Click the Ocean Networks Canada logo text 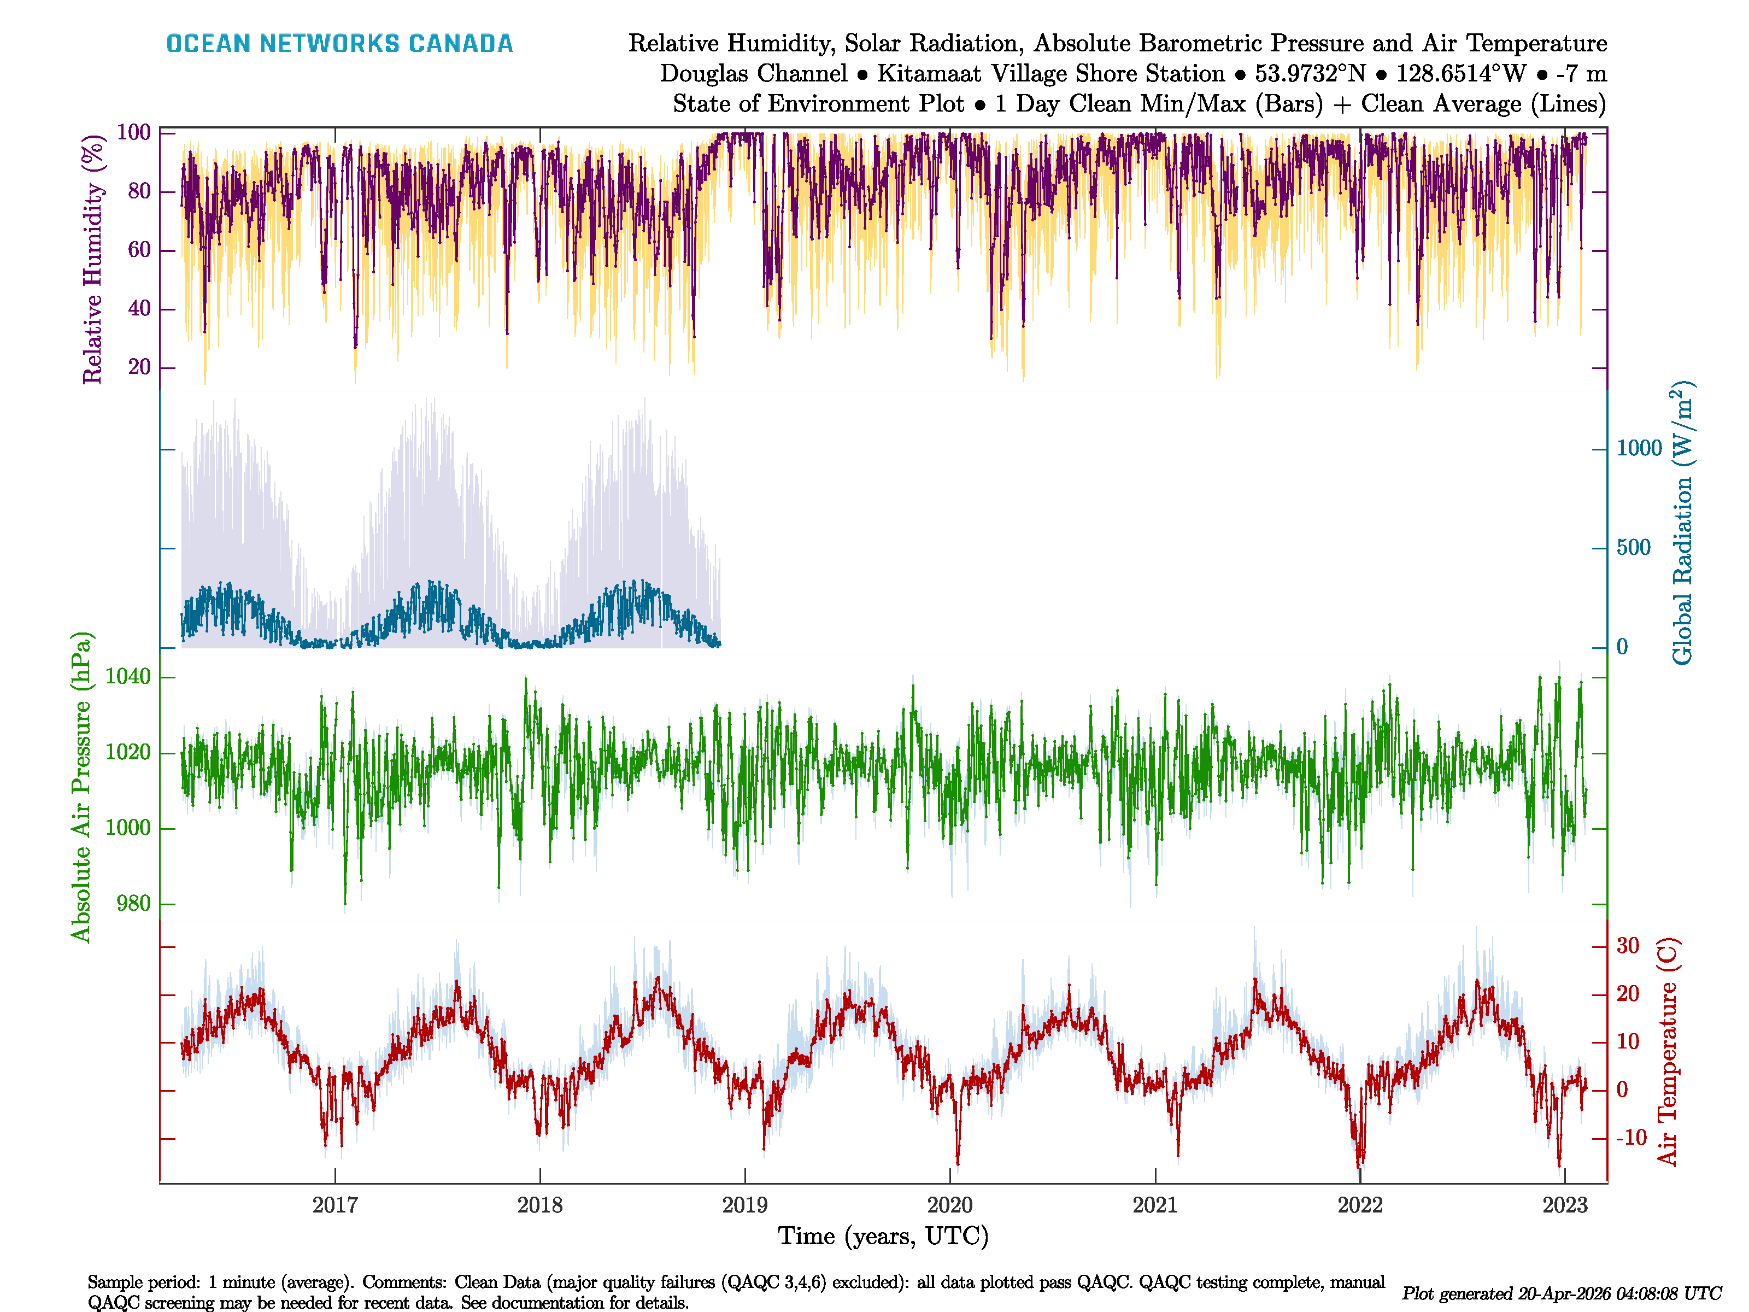coord(339,44)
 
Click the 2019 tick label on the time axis coord(745,1205)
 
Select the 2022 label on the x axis coord(1360,1205)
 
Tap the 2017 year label coord(335,1205)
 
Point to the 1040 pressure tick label coord(128,676)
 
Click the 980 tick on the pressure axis coord(133,903)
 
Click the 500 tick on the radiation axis coord(1634,547)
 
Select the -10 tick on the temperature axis coord(1630,1138)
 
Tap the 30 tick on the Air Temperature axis coord(1627,945)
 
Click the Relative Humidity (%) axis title coord(93,260)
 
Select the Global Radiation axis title coord(1682,524)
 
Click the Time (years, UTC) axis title coord(883,1236)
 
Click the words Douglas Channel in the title coord(753,74)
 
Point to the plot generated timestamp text coord(1562,1294)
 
